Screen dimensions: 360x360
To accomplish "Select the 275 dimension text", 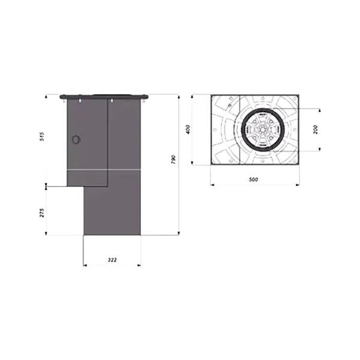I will [x=42, y=213].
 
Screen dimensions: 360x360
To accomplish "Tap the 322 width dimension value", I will [x=112, y=260].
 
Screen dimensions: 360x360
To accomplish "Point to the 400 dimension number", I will [x=188, y=129].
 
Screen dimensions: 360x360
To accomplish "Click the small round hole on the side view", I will [x=76, y=140].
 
